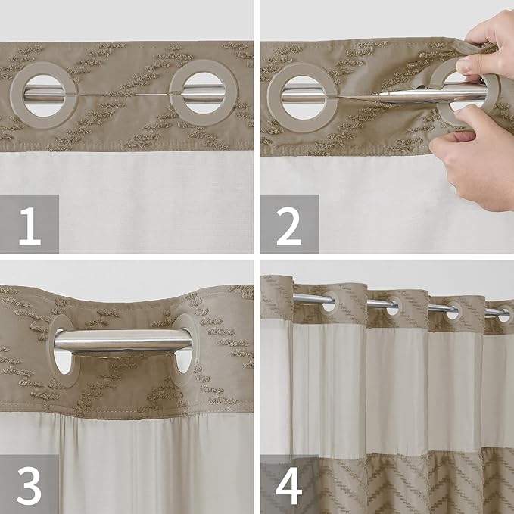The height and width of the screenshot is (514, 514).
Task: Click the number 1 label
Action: [x=30, y=224]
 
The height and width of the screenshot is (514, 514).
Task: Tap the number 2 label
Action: [x=289, y=224]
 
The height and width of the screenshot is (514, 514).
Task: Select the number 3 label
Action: [x=30, y=484]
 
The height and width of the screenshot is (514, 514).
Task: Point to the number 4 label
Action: [x=289, y=484]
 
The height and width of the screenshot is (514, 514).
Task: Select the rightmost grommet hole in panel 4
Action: [x=502, y=311]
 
